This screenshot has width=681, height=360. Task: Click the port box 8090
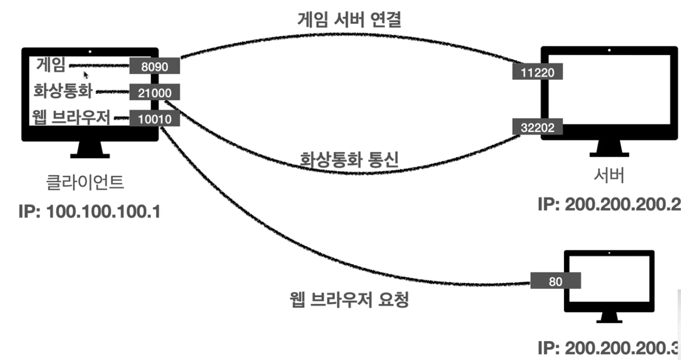[x=154, y=66]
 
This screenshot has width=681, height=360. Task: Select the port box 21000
[x=154, y=93]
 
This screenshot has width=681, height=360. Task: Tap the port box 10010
[x=154, y=119]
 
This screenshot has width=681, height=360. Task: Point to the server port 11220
[x=537, y=72]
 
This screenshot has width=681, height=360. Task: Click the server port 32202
[x=537, y=127]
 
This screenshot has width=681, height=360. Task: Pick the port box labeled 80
[x=556, y=281]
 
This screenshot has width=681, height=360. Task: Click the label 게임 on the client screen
[x=51, y=65]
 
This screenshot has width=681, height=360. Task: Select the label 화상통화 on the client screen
[x=63, y=92]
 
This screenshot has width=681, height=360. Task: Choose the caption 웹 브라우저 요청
[x=349, y=299]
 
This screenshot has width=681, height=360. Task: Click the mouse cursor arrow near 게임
[x=87, y=74]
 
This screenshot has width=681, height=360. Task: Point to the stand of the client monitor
[x=90, y=150]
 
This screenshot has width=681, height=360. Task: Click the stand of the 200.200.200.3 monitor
[x=609, y=319]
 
